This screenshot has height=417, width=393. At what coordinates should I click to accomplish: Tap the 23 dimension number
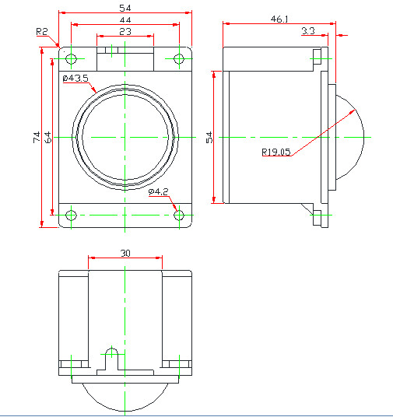tap(125, 30)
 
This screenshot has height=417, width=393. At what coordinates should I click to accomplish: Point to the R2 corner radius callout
tap(43, 31)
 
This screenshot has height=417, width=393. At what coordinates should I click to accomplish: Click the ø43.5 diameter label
tap(75, 78)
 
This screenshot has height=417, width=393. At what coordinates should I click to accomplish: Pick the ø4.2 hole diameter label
tap(158, 191)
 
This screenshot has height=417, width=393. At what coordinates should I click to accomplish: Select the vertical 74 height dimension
tap(37, 137)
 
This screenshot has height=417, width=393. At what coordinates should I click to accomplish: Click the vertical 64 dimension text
tap(48, 137)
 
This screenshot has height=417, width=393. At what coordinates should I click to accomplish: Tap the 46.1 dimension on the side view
tap(279, 17)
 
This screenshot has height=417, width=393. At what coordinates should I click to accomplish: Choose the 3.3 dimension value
tap(307, 30)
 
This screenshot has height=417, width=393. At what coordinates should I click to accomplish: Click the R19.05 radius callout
tap(276, 152)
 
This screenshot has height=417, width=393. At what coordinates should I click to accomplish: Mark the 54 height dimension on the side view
tap(209, 137)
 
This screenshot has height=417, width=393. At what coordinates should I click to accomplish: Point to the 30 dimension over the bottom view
tap(125, 253)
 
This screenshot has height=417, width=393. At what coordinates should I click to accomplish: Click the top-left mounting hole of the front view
tap(71, 58)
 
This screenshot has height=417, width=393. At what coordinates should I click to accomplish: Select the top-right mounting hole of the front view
tap(180, 58)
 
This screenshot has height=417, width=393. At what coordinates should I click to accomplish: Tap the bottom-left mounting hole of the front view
tap(71, 215)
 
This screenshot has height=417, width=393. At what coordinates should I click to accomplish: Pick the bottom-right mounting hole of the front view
tap(180, 215)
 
